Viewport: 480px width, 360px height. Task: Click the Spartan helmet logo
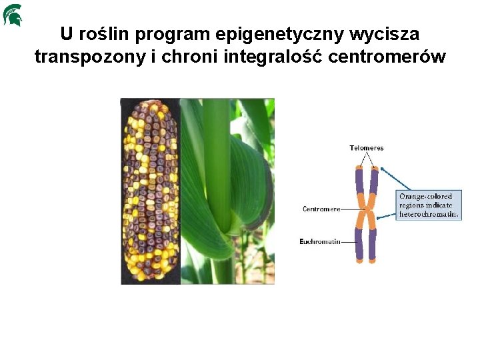[13, 15]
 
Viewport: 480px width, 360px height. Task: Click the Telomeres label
[367, 148]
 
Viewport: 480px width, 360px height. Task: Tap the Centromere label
[321, 209]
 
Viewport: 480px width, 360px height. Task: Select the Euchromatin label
[320, 241]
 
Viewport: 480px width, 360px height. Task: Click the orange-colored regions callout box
[429, 205]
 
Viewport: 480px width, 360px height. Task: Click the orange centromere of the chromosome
[365, 215]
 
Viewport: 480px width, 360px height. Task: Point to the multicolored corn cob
[151, 192]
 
